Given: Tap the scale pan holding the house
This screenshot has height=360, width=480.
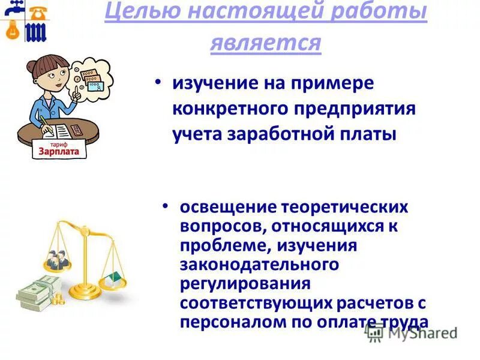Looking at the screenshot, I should click(113, 280).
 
